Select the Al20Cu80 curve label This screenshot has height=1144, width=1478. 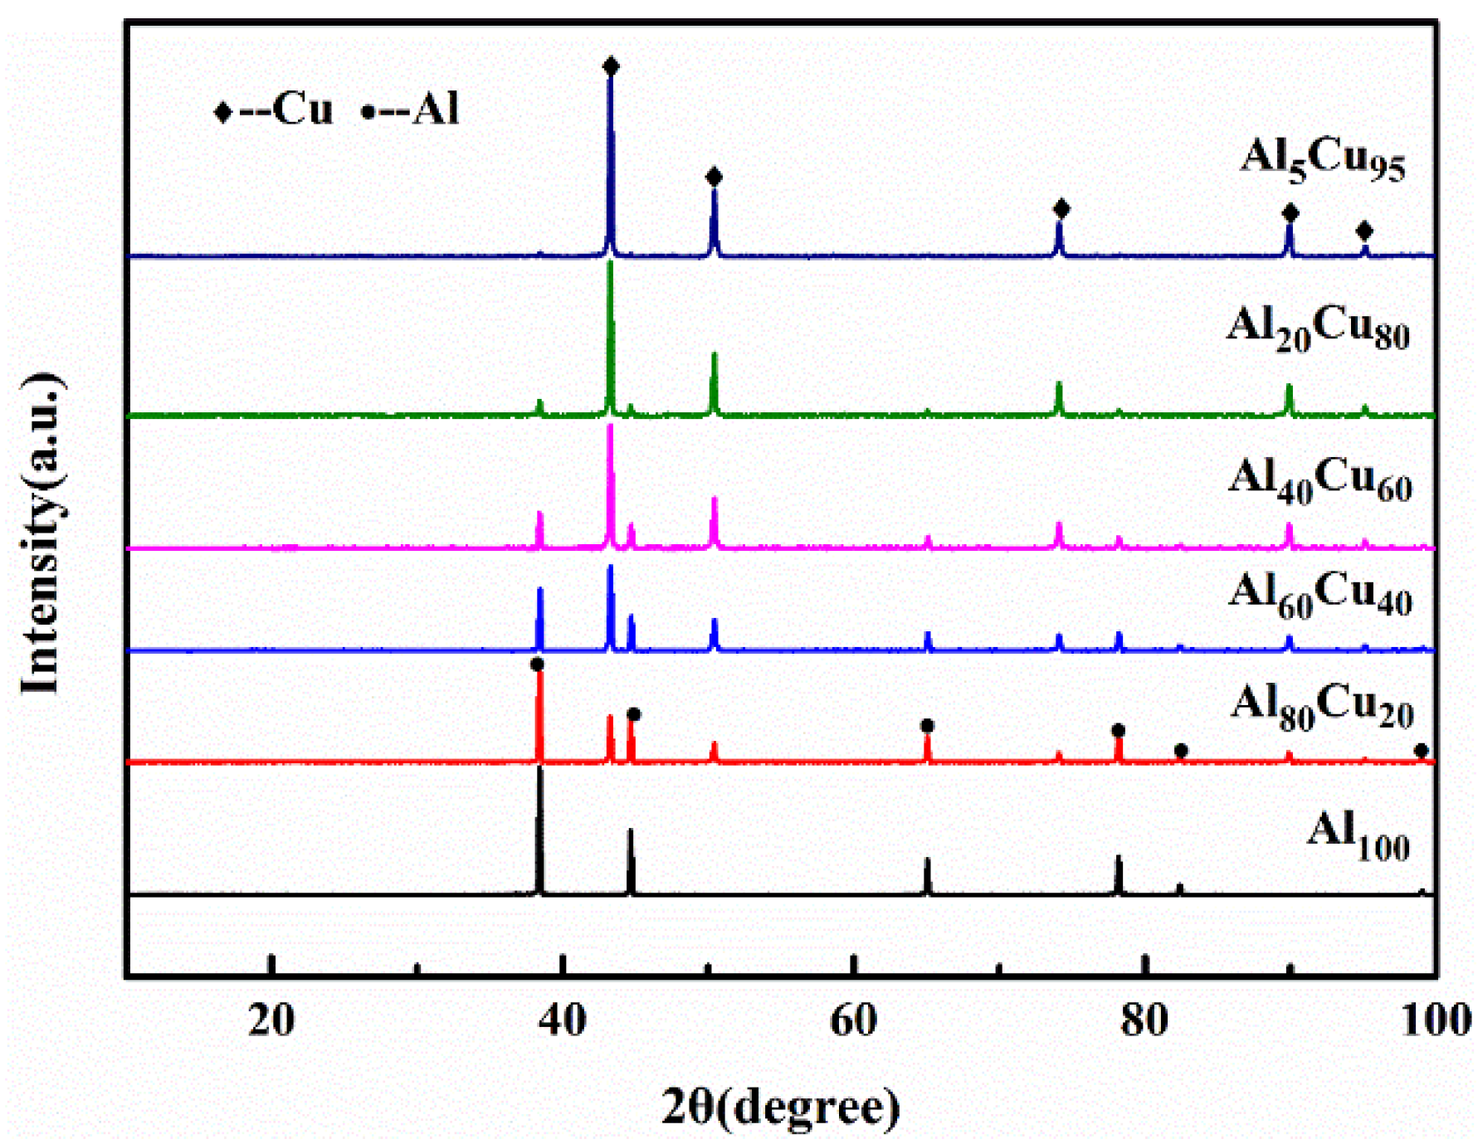pyautogui.click(x=1318, y=328)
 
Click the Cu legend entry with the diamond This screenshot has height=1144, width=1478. pyautogui.click(x=273, y=110)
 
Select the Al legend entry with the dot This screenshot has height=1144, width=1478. pyautogui.click(x=411, y=110)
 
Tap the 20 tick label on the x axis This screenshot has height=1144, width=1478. pyautogui.click(x=271, y=1020)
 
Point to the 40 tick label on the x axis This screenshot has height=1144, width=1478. pyautogui.click(x=563, y=1020)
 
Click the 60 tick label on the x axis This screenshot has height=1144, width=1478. pyautogui.click(x=853, y=1020)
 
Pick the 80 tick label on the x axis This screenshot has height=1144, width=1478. pyautogui.click(x=1144, y=1020)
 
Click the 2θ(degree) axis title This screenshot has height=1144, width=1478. pyautogui.click(x=780, y=1106)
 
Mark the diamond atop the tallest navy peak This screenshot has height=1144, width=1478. pyautogui.click(x=611, y=66)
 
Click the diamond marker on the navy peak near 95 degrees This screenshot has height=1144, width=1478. pyautogui.click(x=1364, y=231)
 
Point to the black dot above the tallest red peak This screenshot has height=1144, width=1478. pyautogui.click(x=537, y=664)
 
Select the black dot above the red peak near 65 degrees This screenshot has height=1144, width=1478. pyautogui.click(x=928, y=726)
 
